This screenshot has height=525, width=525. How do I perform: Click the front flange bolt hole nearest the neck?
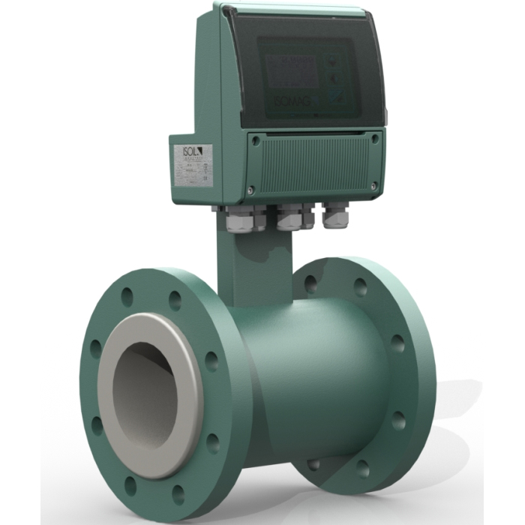click(175, 301)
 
